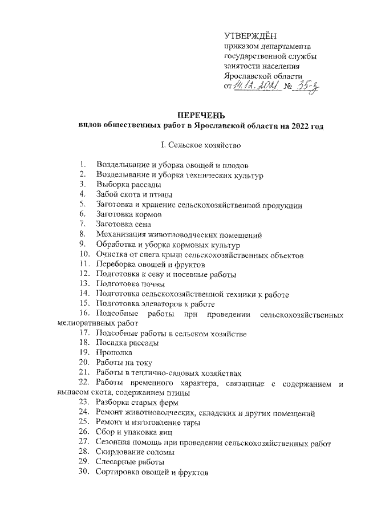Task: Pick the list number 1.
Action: click(x=83, y=165)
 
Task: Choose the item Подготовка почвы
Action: click(x=131, y=283)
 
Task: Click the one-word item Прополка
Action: click(x=115, y=353)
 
